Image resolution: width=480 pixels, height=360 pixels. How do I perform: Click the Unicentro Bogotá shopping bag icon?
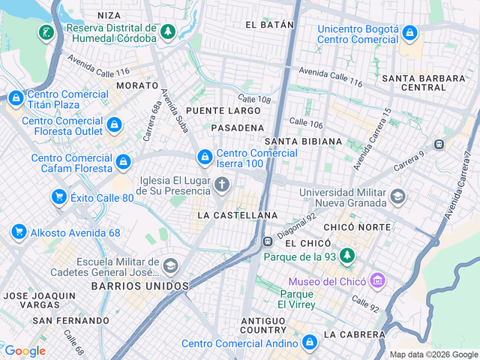coord(409,32)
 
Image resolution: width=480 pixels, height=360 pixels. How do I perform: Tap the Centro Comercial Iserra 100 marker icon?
coord(204,157)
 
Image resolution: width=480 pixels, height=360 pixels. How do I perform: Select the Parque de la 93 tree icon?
coord(346,256)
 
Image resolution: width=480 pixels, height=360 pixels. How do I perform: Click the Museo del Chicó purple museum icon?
coord(377,281)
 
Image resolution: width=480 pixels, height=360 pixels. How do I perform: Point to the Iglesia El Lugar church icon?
coord(221,184)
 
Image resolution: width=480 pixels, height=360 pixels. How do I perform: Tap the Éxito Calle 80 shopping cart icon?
coord(58,197)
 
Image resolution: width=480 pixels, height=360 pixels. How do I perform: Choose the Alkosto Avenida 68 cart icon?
coord(19,232)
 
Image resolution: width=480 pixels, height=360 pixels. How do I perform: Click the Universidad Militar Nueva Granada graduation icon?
coord(397,196)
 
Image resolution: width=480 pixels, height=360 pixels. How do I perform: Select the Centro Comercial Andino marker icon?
coord(310,343)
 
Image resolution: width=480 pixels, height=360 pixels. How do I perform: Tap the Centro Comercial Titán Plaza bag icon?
coord(16,97)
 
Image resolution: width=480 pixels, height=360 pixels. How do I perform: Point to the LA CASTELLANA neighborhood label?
coord(238,215)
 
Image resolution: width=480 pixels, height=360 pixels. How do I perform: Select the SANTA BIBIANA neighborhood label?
coord(303,141)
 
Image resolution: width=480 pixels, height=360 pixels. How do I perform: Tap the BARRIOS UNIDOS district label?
coord(140,286)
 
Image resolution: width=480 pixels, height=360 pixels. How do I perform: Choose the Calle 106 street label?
coord(306,123)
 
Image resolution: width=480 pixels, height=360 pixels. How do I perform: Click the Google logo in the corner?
coord(25,350)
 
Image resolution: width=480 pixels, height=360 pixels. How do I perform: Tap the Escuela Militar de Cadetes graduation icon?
coord(170,265)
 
